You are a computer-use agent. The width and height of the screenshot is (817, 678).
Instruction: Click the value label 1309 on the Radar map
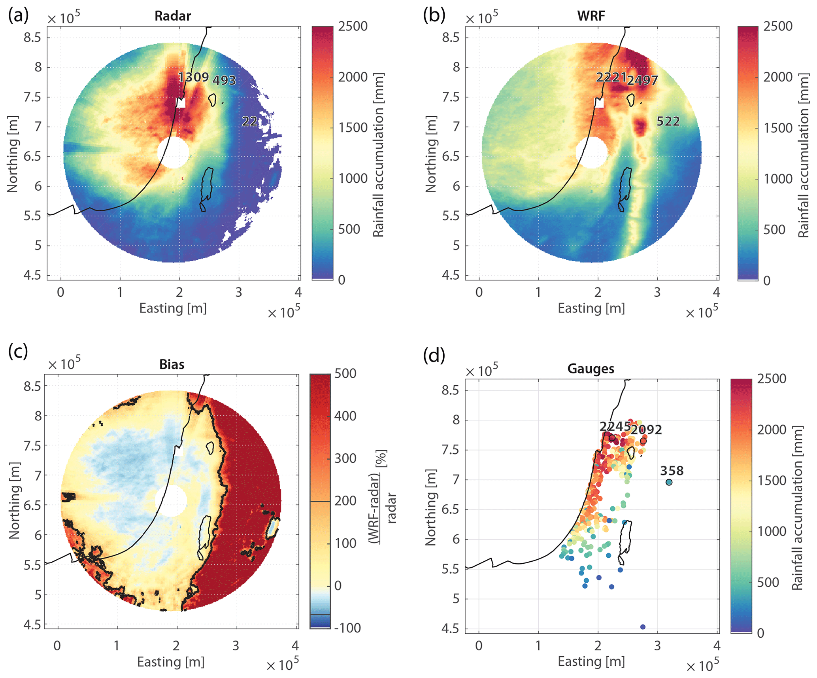pyautogui.click(x=193, y=77)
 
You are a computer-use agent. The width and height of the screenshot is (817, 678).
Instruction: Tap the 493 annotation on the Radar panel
pyautogui.click(x=224, y=80)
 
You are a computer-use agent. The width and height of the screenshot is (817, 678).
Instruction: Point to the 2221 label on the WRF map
pyautogui.click(x=611, y=77)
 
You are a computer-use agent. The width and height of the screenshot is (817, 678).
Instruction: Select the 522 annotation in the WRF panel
pyautogui.click(x=668, y=121)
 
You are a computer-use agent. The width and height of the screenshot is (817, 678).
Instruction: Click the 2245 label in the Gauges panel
pyautogui.click(x=615, y=426)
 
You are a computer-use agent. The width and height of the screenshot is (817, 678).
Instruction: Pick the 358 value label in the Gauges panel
pyautogui.click(x=672, y=471)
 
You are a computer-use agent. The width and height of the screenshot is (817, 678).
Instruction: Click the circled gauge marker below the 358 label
pyautogui.click(x=669, y=482)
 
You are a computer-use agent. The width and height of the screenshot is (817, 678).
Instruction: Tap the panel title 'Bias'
pyautogui.click(x=172, y=364)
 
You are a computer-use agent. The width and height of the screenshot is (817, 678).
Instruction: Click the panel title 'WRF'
pyautogui.click(x=591, y=16)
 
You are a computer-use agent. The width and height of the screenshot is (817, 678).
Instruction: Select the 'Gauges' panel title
pyautogui.click(x=591, y=369)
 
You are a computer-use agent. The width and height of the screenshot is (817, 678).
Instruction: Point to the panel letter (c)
pyautogui.click(x=18, y=351)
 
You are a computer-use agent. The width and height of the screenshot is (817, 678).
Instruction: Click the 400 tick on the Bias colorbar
pyautogui.click(x=345, y=416)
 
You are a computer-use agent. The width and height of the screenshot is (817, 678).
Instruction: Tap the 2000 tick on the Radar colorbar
pyautogui.click(x=353, y=77)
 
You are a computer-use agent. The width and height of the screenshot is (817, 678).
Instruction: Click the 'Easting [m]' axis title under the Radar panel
pyautogui.click(x=173, y=308)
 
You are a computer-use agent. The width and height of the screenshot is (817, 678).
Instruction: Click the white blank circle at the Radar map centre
pyautogui.click(x=173, y=152)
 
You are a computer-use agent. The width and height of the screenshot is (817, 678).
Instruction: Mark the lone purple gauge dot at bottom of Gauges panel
pyautogui.click(x=643, y=627)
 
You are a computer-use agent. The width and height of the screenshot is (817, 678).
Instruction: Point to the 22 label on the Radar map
pyautogui.click(x=250, y=121)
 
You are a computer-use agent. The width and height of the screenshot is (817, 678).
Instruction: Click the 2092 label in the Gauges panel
pyautogui.click(x=646, y=430)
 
